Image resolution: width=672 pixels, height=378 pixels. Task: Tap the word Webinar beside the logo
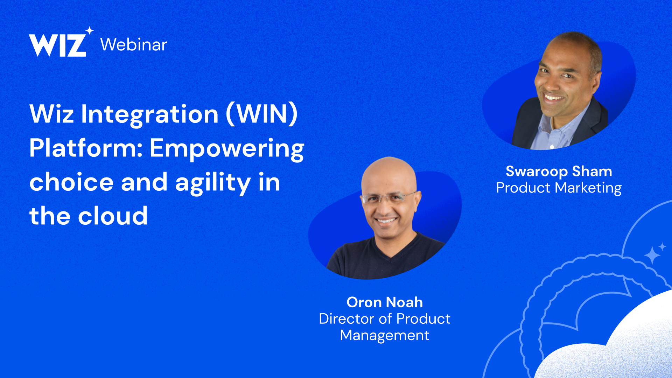[x=134, y=45]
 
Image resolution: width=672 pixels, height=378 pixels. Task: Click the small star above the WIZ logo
[x=90, y=30]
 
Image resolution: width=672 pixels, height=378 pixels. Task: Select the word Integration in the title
[x=150, y=115]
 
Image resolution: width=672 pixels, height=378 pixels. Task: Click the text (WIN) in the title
[x=262, y=114]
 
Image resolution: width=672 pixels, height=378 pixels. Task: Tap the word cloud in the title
[x=113, y=216]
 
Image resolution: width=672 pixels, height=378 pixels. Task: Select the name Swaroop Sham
[x=559, y=171]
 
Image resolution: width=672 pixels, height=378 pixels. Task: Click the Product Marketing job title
[x=559, y=188]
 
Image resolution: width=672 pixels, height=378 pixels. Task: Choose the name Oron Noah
[x=385, y=302]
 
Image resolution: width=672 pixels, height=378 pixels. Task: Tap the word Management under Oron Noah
[x=385, y=336]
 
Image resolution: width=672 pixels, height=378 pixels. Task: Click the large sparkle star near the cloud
[x=652, y=255]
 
